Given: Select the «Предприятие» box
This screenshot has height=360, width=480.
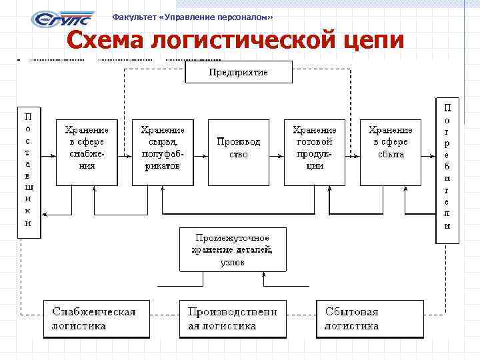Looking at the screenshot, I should pos(238,72).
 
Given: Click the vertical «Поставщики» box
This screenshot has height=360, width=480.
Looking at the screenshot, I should pos(28,171).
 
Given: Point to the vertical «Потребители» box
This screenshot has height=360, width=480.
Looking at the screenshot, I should pos(447,171).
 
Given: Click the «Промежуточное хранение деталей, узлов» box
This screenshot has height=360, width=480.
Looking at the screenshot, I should pos(233,249).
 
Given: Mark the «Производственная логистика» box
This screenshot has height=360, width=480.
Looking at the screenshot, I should pos(233,319).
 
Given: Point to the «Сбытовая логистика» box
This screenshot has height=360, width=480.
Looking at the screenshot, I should pos(369,319).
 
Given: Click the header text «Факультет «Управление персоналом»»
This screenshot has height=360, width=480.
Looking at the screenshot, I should pos(193,16).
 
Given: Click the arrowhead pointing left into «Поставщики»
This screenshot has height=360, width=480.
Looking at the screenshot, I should pos(45,215).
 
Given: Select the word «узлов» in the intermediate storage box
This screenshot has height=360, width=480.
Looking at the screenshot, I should pos(232,262).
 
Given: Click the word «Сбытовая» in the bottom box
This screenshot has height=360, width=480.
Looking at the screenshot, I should pos(351,311).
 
